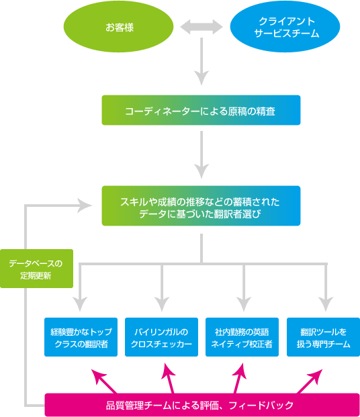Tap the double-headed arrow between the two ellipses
pos(201,28)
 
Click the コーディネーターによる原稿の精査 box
pos(201,110)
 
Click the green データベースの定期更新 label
pos(36,269)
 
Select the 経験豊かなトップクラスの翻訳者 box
pos(81,337)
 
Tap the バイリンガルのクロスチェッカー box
pos(162,337)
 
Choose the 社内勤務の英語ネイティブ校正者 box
pos(242,337)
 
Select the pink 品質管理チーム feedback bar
pos(199,405)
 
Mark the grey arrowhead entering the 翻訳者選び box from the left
pos(84,206)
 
